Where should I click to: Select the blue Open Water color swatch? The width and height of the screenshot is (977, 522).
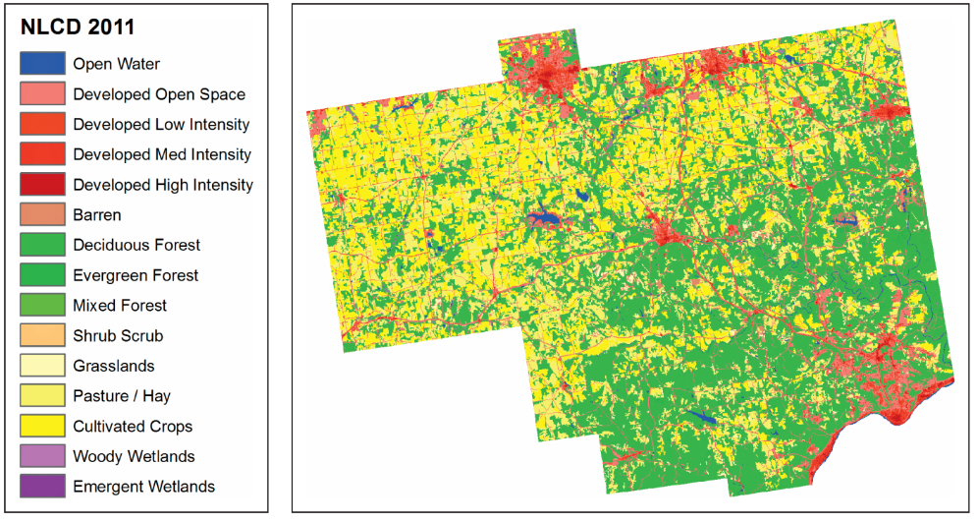point(42,64)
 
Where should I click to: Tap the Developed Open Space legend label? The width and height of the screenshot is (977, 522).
point(159,94)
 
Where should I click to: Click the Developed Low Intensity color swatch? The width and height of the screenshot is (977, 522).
point(42,125)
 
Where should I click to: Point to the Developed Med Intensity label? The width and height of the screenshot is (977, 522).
point(162,154)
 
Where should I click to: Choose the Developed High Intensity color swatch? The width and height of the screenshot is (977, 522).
point(42,185)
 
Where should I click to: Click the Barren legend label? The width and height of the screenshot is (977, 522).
point(97,214)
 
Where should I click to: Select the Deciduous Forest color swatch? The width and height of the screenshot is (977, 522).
point(42,245)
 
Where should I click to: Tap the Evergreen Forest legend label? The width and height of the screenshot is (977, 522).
point(136,275)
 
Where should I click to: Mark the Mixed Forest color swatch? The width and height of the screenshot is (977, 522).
point(42,306)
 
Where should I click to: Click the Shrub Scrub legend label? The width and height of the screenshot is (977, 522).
point(118,335)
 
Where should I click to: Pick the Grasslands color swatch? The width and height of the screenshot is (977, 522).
point(42,366)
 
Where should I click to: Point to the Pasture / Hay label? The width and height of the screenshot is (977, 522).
point(121,396)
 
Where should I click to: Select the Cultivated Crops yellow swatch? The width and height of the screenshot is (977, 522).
point(42,427)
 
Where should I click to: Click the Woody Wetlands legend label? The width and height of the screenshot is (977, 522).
point(134,456)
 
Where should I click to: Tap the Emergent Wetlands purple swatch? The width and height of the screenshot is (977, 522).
point(42,487)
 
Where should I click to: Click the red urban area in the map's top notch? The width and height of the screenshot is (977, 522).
point(539,73)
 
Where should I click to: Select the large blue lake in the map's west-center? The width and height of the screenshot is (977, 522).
point(543,218)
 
